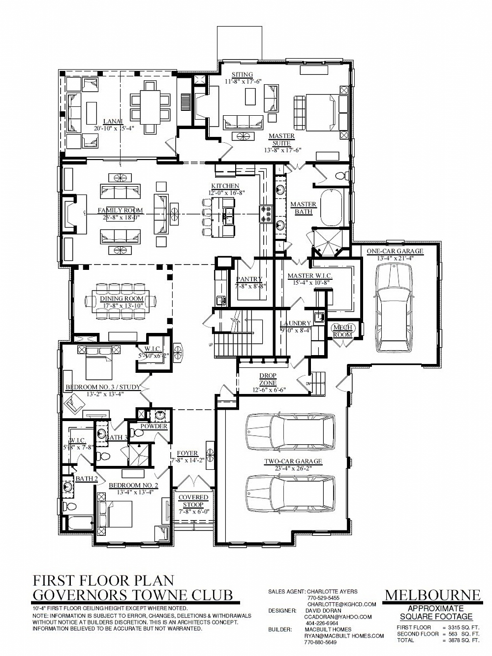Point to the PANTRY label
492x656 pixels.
click(x=249, y=279)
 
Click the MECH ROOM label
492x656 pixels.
click(x=342, y=331)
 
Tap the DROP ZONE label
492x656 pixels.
click(x=268, y=379)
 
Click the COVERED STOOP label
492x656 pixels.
click(x=193, y=501)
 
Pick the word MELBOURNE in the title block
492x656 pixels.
click(x=432, y=595)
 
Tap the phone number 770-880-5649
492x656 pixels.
click(x=321, y=642)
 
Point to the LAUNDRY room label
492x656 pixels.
click(x=295, y=324)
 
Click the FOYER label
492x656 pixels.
click(x=187, y=454)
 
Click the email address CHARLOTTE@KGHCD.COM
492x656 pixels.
click(x=341, y=604)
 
